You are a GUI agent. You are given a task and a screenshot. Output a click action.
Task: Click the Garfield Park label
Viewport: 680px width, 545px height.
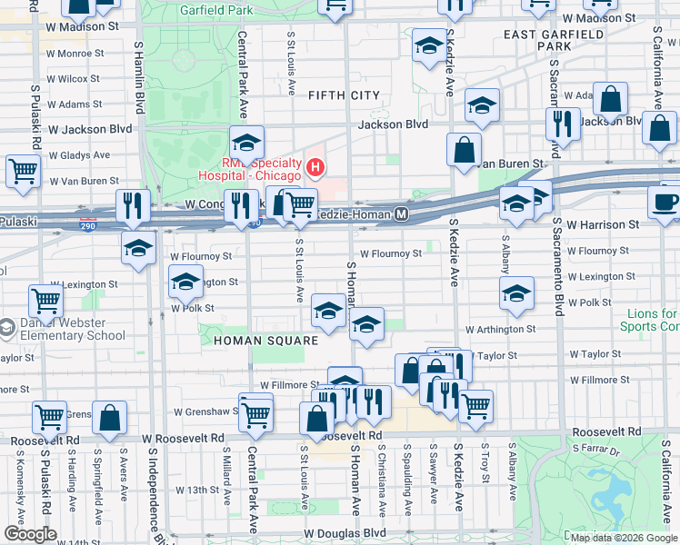click(x=215, y=11)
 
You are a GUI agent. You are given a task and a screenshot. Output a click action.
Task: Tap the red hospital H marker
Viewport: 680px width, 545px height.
click(x=315, y=166)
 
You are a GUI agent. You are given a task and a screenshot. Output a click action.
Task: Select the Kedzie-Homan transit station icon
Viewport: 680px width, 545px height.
click(x=401, y=214)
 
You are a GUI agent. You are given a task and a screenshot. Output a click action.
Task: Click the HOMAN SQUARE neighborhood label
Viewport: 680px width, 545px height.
click(x=265, y=341)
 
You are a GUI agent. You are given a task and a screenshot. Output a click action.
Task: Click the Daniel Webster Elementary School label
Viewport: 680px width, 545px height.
click(x=68, y=329)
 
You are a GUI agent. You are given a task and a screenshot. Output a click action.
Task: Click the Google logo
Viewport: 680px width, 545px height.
click(x=29, y=533)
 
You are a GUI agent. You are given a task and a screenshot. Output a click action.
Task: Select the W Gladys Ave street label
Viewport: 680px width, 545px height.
click(x=79, y=155)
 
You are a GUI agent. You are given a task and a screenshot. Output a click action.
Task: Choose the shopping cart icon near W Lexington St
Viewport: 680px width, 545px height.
click(x=45, y=301)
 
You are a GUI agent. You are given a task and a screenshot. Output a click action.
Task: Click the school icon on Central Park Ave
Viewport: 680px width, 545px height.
click(x=245, y=143)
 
